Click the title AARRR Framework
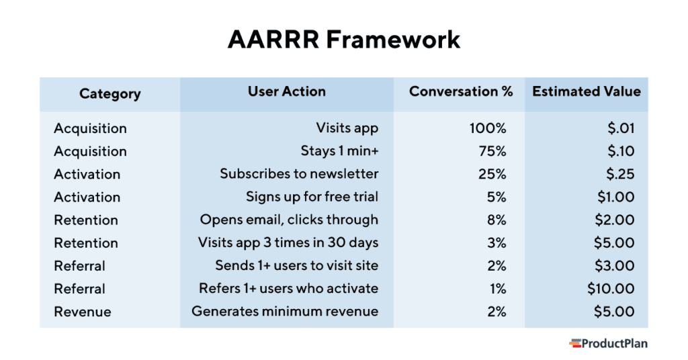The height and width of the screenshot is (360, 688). pyautogui.click(x=343, y=40)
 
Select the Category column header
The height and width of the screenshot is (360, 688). pyautogui.click(x=110, y=94)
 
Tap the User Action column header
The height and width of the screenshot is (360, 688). pyautogui.click(x=286, y=92)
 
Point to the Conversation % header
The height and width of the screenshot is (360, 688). pyautogui.click(x=460, y=92)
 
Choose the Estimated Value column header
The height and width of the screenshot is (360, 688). pyautogui.click(x=586, y=92)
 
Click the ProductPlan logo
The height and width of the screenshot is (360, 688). pyautogui.click(x=608, y=343)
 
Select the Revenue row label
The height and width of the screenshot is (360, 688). pyautogui.click(x=83, y=312)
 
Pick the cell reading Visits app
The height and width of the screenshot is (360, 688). pyautogui.click(x=347, y=128)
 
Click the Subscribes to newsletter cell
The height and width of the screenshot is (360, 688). pyautogui.click(x=299, y=174)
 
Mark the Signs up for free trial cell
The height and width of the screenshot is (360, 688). pyautogui.click(x=312, y=197)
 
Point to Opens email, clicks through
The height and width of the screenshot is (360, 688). pyautogui.click(x=289, y=220)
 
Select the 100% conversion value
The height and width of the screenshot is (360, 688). pyautogui.click(x=488, y=128)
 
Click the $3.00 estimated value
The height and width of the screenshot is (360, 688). pyautogui.click(x=614, y=266)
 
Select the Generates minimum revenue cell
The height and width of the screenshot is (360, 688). pyautogui.click(x=285, y=312)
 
